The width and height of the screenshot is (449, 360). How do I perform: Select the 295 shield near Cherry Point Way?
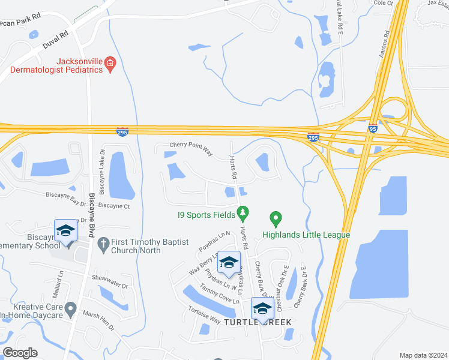(x=122, y=131)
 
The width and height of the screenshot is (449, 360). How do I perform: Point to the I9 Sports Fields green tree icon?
(x=243, y=212)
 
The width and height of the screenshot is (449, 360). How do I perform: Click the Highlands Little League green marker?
(x=276, y=218)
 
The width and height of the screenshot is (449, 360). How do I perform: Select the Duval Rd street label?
(x=56, y=41)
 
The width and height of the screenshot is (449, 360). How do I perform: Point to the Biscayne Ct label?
(x=114, y=205)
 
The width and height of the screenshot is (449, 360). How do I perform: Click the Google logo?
(x=20, y=353)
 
